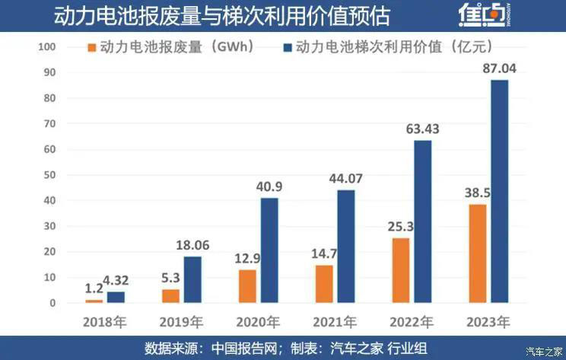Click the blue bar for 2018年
tap(116, 297)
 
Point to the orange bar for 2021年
tap(325, 284)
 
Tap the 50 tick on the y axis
tap(50, 175)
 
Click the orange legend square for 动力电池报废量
tap(93, 48)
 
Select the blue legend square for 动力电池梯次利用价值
tap(288, 48)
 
